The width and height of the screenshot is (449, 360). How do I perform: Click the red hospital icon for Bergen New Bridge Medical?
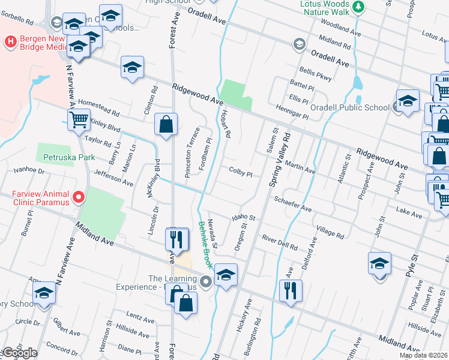pos(10,42)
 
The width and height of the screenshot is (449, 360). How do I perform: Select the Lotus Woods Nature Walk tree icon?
pos(358,7)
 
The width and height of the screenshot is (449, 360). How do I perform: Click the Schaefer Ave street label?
pos(293,204)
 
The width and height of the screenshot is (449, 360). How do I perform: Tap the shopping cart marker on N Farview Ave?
pos(79,121)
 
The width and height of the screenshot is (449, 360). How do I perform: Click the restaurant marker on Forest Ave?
pos(175,240)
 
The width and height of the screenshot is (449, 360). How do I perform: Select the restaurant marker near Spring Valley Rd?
pos(291,292)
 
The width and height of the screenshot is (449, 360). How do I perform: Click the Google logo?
pos(19,353)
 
